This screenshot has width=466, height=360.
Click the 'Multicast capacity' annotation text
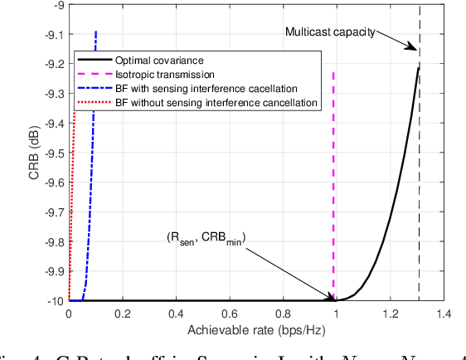pyautogui.click(x=330, y=32)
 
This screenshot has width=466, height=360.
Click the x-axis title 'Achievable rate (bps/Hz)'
pyautogui.click(x=255, y=329)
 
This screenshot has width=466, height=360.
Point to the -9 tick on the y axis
pyautogui.click(x=57, y=6)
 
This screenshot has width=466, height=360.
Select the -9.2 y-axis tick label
pyautogui.click(x=52, y=65)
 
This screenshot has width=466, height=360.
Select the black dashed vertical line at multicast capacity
pyautogui.click(x=419, y=166)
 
